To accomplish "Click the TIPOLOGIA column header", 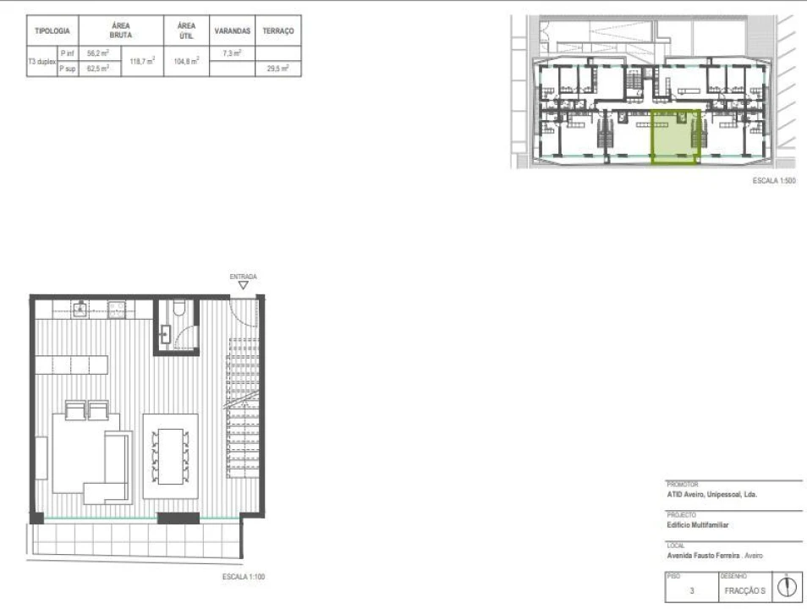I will coord(52,30).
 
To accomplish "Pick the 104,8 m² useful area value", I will coord(186,61).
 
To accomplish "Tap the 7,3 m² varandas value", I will coord(232,52).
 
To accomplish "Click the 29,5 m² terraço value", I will coord(278,69).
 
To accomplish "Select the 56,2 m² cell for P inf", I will coord(99,52).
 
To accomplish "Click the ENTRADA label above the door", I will coord(243,276).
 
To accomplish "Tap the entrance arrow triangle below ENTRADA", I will coord(243,286).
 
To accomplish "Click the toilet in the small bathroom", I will coord(177,313).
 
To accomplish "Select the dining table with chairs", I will coord(170,455).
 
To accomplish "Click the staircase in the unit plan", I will coord(245,406).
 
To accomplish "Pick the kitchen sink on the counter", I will coord(81,309).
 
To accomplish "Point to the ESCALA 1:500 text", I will coord(775,180).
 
